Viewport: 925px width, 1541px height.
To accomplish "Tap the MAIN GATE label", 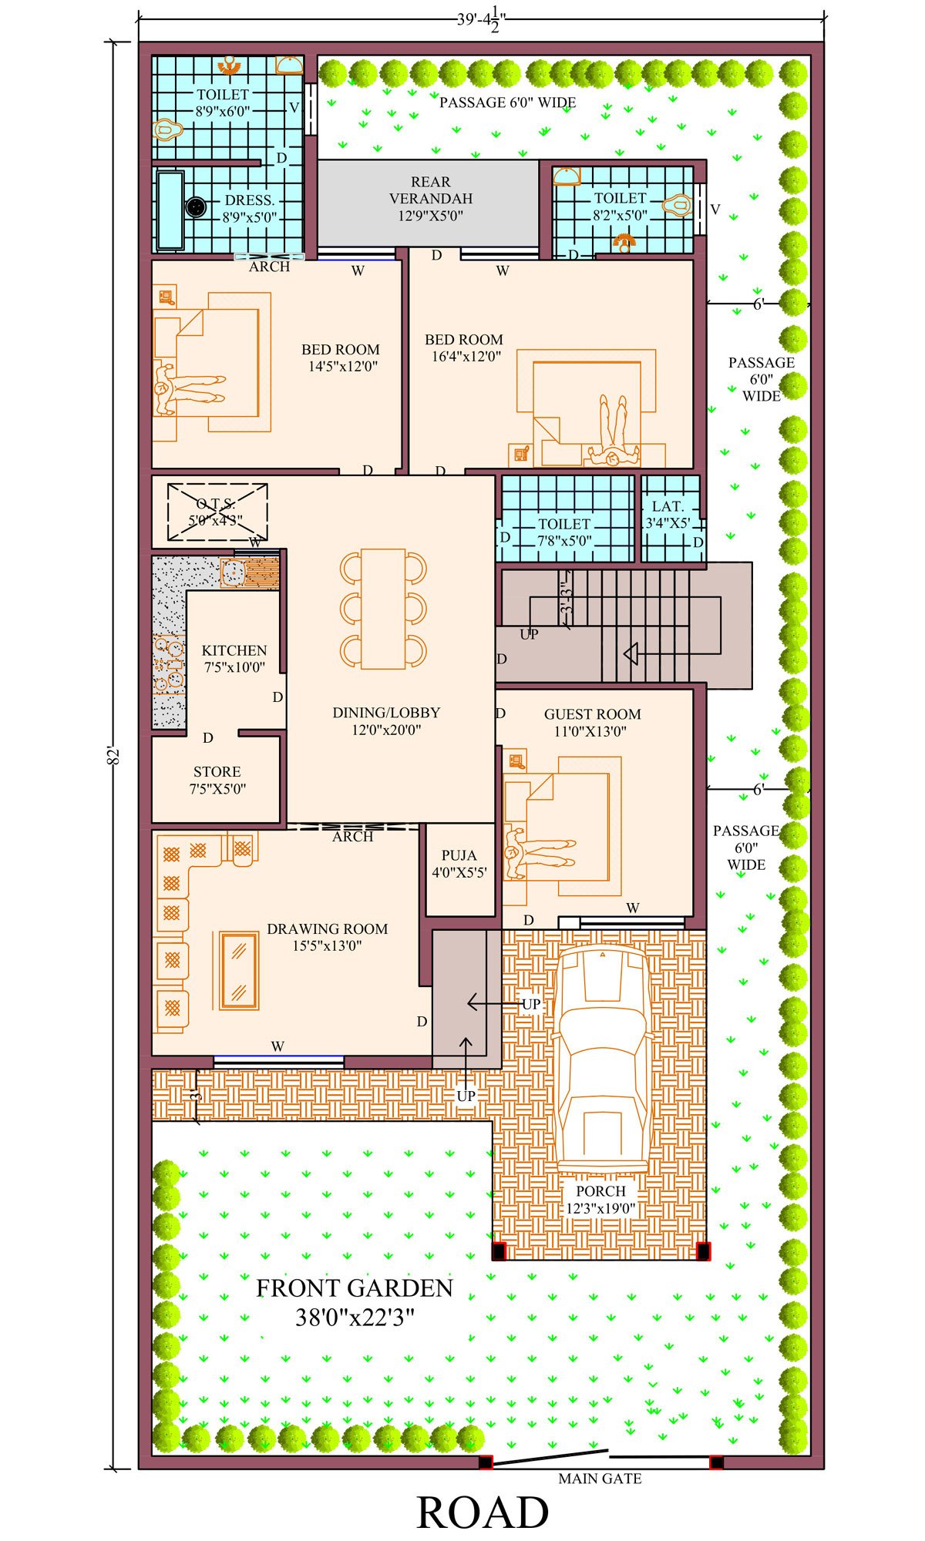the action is point(600,1479).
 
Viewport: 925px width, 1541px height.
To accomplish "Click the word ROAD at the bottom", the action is point(483,1512).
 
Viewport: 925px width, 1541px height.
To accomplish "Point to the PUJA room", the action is point(460,871).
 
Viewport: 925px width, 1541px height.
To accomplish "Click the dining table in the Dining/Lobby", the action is point(383,609).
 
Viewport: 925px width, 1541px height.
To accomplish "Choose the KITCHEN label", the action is point(234,650).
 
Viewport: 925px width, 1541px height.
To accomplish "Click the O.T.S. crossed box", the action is point(217,511).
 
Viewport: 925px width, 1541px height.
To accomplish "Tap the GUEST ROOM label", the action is point(592,714).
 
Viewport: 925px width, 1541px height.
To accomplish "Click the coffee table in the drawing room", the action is point(239,970).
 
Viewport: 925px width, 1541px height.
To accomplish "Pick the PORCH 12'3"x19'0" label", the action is point(600,1200).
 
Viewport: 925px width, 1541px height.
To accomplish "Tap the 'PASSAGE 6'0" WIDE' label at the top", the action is point(507,102).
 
